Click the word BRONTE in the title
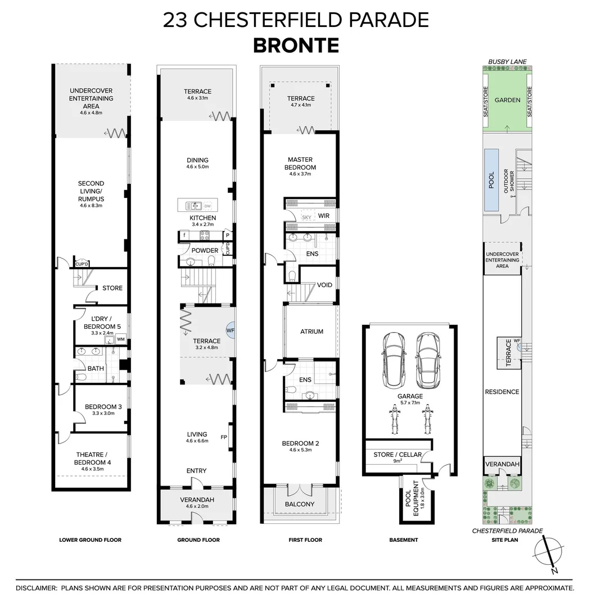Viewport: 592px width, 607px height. (x=296, y=45)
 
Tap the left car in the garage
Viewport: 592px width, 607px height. (x=391, y=360)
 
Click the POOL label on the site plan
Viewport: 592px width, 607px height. (x=491, y=180)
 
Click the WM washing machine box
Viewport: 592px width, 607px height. (x=120, y=339)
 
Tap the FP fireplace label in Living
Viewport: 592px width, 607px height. (x=224, y=437)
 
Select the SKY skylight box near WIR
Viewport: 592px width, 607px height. (x=306, y=217)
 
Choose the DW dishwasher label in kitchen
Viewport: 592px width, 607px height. (x=207, y=205)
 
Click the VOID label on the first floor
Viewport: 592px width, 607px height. (x=324, y=285)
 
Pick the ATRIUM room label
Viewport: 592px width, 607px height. (x=312, y=332)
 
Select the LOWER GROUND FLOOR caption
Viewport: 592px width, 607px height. (x=90, y=540)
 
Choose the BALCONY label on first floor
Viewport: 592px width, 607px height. (x=300, y=504)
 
